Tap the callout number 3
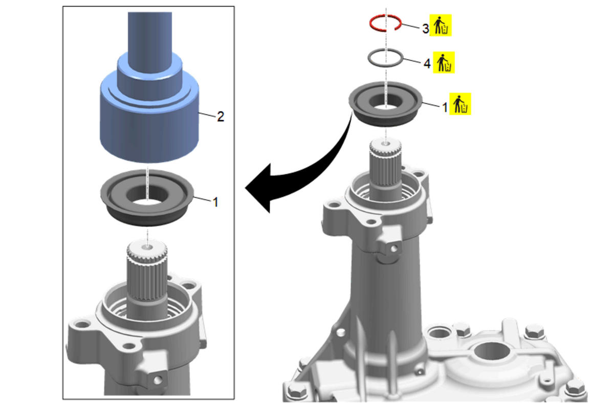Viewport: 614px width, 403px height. (x=425, y=28)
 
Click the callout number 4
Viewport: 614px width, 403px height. (x=427, y=64)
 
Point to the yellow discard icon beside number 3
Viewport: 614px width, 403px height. (x=441, y=25)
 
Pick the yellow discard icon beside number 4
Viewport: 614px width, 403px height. (x=444, y=62)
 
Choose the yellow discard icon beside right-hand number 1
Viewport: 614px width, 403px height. (x=460, y=103)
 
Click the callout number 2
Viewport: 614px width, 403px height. (x=221, y=117)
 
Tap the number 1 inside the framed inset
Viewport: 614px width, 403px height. (x=215, y=203)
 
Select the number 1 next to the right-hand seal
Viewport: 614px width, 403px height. (x=445, y=107)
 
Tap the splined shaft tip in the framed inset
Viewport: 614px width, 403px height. (x=147, y=251)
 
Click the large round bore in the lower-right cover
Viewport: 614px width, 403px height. (x=493, y=351)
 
